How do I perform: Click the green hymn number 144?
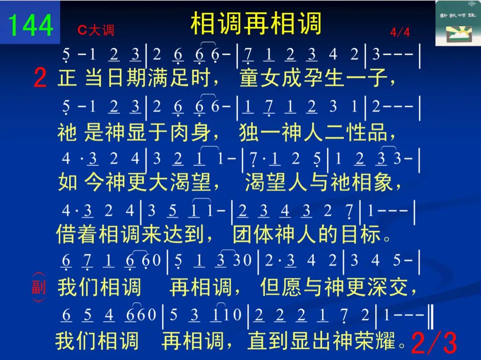point(30,25)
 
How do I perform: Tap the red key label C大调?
point(96,30)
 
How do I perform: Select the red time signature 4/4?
point(400,32)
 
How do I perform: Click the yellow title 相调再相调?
point(256,23)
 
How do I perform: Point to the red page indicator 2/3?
point(434,342)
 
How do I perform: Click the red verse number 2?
point(40,78)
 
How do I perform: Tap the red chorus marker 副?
point(39,287)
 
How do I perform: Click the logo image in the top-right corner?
point(458,23)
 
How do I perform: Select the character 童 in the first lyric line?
point(249,78)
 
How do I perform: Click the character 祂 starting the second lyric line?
point(67,132)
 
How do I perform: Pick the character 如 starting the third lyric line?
point(68,182)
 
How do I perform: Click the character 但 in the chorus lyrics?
point(270,287)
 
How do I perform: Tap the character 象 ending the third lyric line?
point(384,182)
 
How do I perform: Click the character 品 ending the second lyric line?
point(378,132)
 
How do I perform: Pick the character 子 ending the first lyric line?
point(378,78)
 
